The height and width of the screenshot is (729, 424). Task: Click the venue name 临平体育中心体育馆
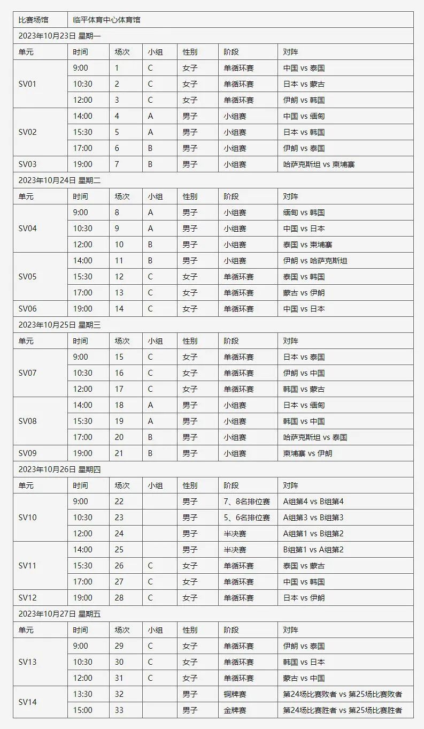tap(107, 20)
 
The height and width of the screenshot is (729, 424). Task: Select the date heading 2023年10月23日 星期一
tap(59, 36)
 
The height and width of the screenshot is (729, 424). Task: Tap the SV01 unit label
tap(28, 84)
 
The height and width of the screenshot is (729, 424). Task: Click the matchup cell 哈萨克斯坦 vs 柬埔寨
tap(319, 164)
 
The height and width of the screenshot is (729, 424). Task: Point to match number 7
tap(117, 164)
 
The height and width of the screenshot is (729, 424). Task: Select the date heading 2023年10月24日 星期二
tap(59, 180)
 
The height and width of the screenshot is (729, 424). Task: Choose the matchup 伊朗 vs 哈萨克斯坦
tap(315, 261)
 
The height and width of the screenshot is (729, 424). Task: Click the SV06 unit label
tap(28, 309)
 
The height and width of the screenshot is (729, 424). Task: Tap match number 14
tap(119, 309)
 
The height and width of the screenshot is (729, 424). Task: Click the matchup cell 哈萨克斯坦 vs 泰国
tap(315, 437)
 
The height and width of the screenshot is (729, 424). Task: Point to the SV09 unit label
tap(28, 453)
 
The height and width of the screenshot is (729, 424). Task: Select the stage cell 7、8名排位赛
tap(247, 502)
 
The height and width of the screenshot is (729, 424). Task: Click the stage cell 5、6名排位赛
tap(247, 518)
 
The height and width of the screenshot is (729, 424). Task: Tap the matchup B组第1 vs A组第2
tap(313, 550)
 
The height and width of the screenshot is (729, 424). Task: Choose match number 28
tap(119, 598)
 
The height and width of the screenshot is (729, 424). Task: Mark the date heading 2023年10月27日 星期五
tap(59, 614)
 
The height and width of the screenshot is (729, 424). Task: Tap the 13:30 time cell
tap(83, 694)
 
